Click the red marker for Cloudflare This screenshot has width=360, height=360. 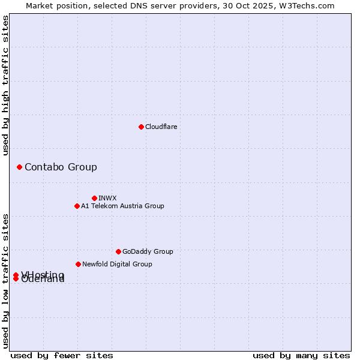(x=141, y=127)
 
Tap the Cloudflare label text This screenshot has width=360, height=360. (x=161, y=127)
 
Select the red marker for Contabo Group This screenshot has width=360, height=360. (x=19, y=167)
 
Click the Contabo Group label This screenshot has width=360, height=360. (x=61, y=167)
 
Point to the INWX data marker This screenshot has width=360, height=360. (x=94, y=198)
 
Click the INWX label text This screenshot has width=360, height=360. (x=107, y=198)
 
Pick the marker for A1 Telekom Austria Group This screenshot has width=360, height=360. (x=77, y=206)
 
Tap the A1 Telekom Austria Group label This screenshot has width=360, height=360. (x=122, y=206)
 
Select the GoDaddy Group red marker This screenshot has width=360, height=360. (x=118, y=251)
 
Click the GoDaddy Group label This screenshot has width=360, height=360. (x=148, y=251)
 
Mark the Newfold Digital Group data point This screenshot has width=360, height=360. (x=78, y=264)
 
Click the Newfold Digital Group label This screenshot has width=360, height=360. (x=117, y=264)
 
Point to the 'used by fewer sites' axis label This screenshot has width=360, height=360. (x=62, y=355)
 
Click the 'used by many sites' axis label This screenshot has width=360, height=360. (x=301, y=355)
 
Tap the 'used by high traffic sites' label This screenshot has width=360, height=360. (x=5, y=85)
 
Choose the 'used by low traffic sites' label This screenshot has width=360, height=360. (x=5, y=281)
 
